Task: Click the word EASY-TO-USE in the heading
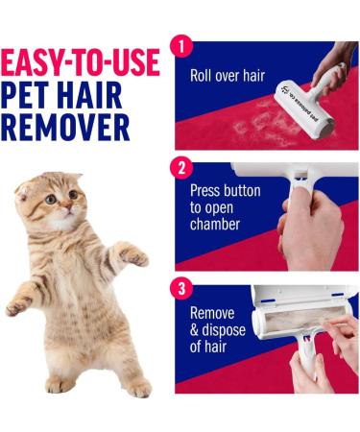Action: pos(82,64)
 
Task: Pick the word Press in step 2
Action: pos(207,190)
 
